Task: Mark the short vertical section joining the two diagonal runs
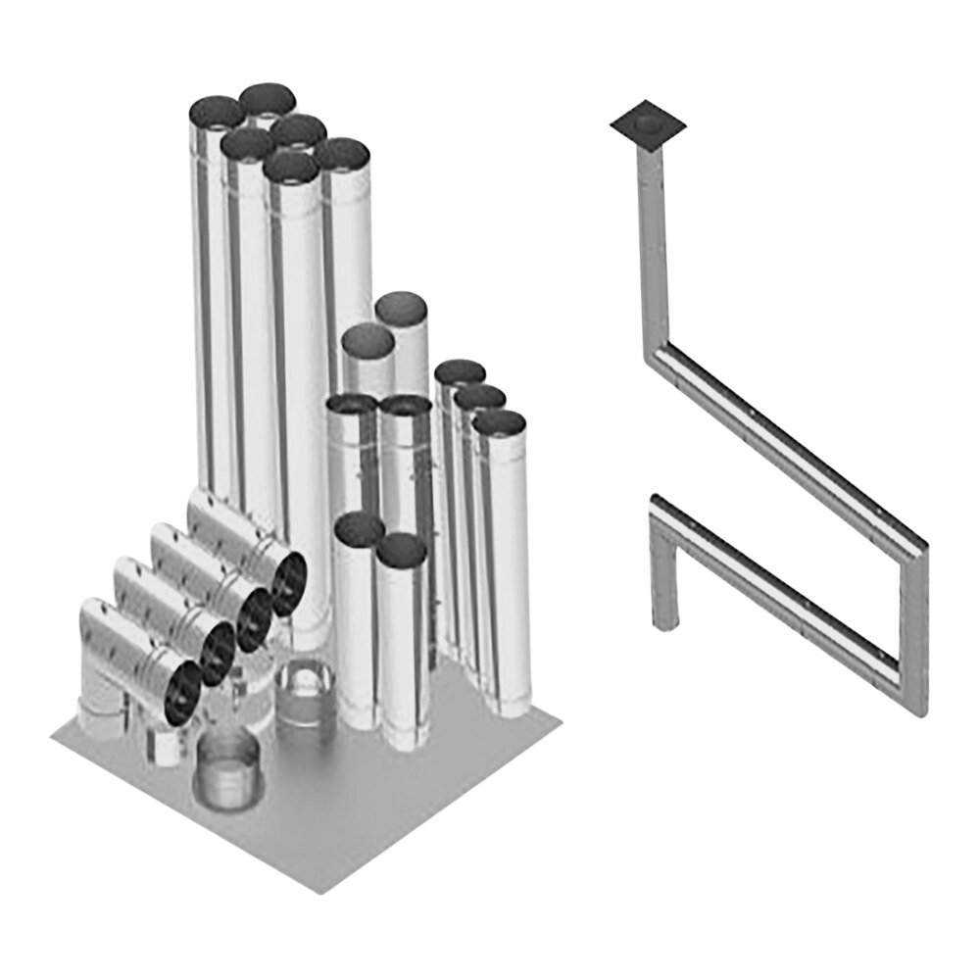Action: pyautogui.click(x=913, y=627)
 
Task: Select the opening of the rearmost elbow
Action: pyautogui.click(x=289, y=582)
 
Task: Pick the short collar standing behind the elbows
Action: pyautogui.click(x=306, y=696)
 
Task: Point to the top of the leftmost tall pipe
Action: pyautogui.click(x=216, y=113)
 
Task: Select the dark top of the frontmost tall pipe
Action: pyautogui.click(x=291, y=168)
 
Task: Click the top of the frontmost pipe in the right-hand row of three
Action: pyautogui.click(x=499, y=422)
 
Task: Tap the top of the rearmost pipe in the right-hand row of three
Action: pyautogui.click(x=460, y=372)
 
